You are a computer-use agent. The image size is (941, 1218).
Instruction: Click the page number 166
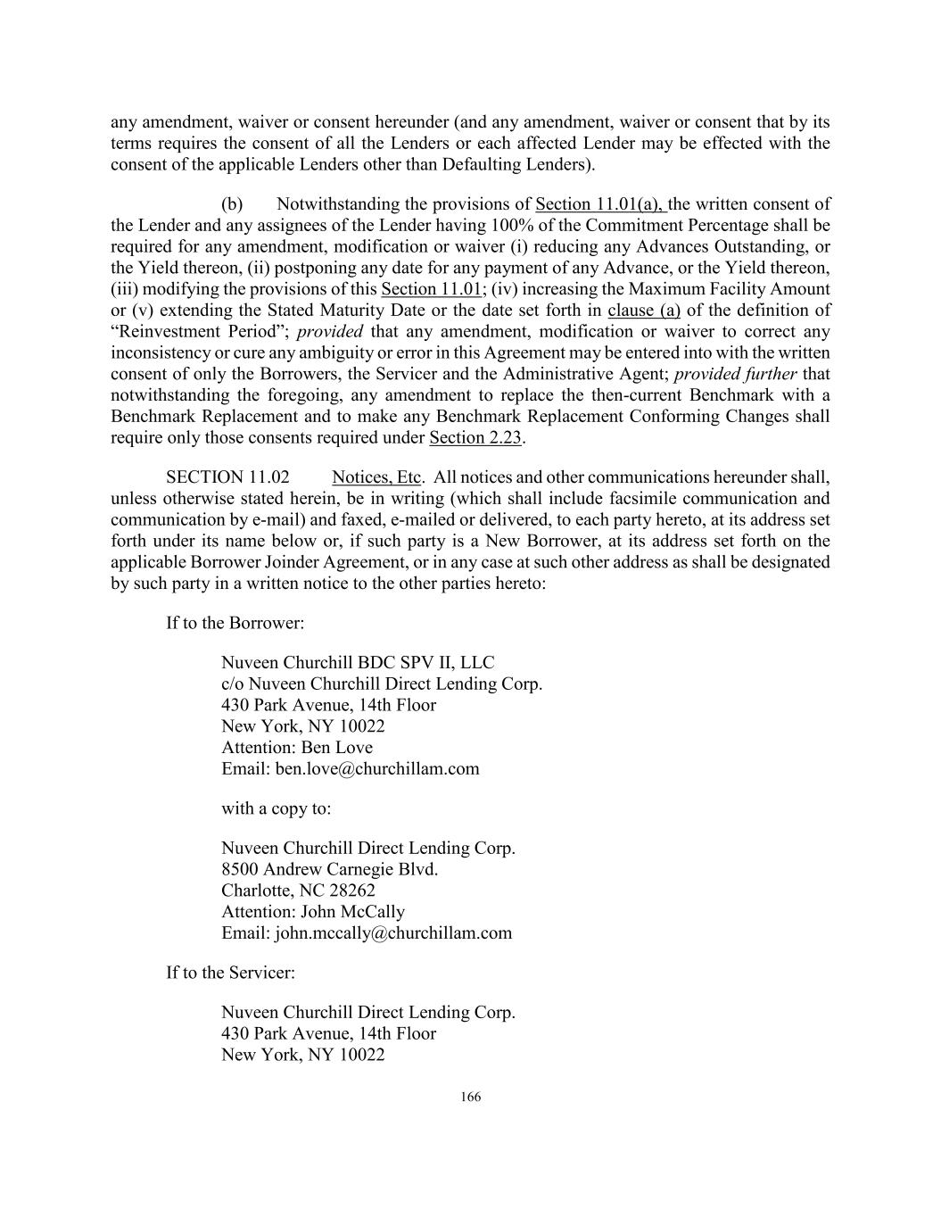(471, 1097)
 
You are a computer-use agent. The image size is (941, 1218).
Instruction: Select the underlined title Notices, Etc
(376, 477)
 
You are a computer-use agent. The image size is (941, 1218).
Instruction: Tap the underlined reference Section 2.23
(475, 437)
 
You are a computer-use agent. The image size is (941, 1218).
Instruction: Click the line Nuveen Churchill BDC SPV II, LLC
(358, 663)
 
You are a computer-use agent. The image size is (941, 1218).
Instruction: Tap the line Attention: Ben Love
(297, 748)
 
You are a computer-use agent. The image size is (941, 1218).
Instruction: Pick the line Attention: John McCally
(313, 912)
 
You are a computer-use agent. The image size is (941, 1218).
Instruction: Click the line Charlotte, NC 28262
(298, 891)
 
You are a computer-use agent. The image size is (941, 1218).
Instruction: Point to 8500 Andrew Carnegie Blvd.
(329, 869)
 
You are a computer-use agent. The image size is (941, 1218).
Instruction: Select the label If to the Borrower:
(235, 623)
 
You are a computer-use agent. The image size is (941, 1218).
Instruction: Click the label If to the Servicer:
(230, 973)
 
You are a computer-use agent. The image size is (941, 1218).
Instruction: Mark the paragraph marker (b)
(232, 204)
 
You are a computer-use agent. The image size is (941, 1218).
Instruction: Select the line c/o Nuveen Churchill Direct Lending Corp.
(382, 684)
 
